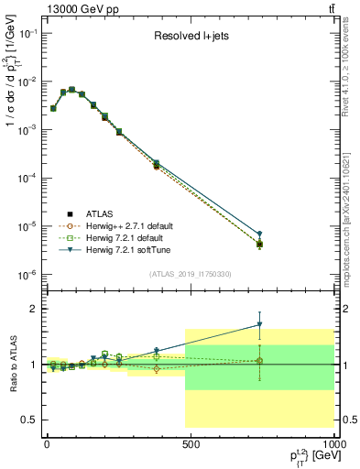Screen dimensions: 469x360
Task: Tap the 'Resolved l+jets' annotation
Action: tap(191, 38)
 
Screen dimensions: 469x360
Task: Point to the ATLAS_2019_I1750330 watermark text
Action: tap(191, 274)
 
